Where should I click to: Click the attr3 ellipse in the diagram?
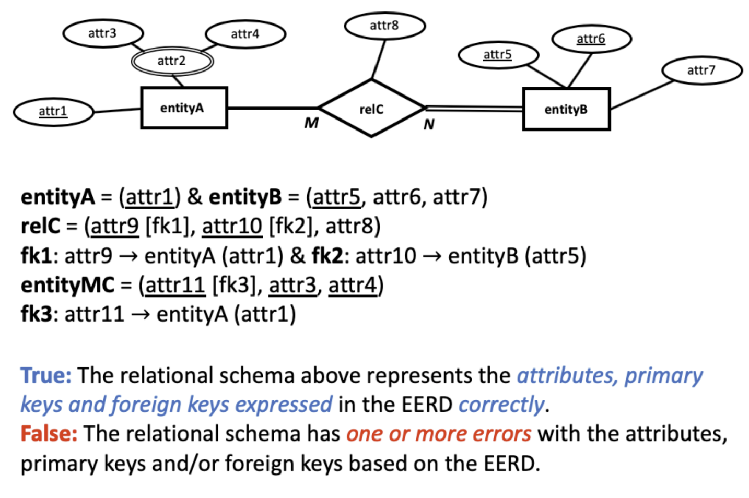pos(103,33)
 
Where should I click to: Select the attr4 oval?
pos(245,34)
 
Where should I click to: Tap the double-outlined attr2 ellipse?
pos(172,61)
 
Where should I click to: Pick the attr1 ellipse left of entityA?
pos(53,111)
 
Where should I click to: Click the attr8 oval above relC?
pos(384,26)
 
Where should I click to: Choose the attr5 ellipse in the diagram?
pos(498,55)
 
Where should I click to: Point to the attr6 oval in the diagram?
pos(591,39)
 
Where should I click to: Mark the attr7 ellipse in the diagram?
pos(701,70)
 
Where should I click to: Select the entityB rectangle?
pos(566,109)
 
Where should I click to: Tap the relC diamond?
pos(371,109)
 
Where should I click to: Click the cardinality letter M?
pos(311,123)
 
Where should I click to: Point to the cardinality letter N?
pos(429,125)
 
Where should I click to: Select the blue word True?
pos(46,375)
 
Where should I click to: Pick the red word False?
pos(49,434)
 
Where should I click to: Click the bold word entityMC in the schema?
pos(67,285)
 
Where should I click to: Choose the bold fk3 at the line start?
pos(37,314)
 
